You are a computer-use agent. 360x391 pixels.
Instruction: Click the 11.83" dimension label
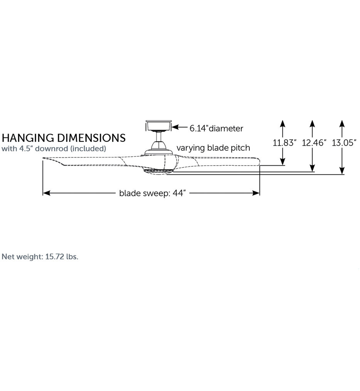[284, 143]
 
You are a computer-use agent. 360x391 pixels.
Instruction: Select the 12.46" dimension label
[314, 143]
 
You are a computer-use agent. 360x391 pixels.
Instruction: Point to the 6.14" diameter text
[216, 128]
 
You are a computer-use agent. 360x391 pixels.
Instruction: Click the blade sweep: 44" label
[153, 193]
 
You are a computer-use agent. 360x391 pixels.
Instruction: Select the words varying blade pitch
[213, 148]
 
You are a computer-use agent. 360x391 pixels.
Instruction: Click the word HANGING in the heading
[28, 138]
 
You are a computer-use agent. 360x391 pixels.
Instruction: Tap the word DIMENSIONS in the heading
[91, 138]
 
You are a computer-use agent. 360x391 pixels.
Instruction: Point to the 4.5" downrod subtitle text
[54, 149]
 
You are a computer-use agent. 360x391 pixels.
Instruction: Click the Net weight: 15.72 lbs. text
[40, 257]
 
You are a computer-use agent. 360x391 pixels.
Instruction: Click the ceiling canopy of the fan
[159, 126]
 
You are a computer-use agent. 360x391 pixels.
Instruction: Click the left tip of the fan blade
[43, 158]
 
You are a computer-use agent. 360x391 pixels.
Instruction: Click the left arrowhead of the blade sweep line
[46, 193]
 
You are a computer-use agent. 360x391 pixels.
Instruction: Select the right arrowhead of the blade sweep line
[256, 193]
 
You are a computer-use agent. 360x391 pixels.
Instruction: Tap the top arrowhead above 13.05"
[342, 124]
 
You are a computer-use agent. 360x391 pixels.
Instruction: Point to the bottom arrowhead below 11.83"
[283, 161]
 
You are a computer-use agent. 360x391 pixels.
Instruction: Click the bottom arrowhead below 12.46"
[312, 168]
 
